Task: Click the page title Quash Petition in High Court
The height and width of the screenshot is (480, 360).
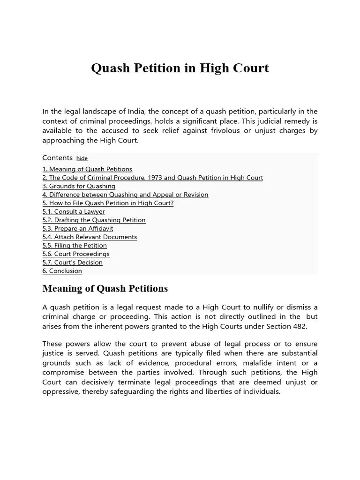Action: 180,68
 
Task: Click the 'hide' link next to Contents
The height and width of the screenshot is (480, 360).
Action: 82,158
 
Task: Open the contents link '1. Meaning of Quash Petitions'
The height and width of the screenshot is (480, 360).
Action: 87,169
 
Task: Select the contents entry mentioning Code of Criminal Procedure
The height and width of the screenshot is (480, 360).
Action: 152,178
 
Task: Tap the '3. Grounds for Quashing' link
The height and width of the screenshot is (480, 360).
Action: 79,186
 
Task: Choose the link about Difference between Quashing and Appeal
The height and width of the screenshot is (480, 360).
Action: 125,195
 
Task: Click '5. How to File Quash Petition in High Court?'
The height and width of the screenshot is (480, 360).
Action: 108,203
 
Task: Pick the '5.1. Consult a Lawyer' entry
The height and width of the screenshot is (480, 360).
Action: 74,211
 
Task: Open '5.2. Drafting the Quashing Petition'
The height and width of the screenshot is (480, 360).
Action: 94,220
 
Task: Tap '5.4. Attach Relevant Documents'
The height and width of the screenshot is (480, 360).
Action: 90,237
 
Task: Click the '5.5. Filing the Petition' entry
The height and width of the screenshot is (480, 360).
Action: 75,245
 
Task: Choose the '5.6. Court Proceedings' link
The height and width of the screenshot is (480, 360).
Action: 76,254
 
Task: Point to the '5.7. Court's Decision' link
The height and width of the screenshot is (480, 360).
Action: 72,262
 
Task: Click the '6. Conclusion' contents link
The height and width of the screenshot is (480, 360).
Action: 62,270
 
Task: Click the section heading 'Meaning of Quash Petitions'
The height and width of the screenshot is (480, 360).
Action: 105,288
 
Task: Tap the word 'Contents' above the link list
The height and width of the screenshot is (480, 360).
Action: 57,158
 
